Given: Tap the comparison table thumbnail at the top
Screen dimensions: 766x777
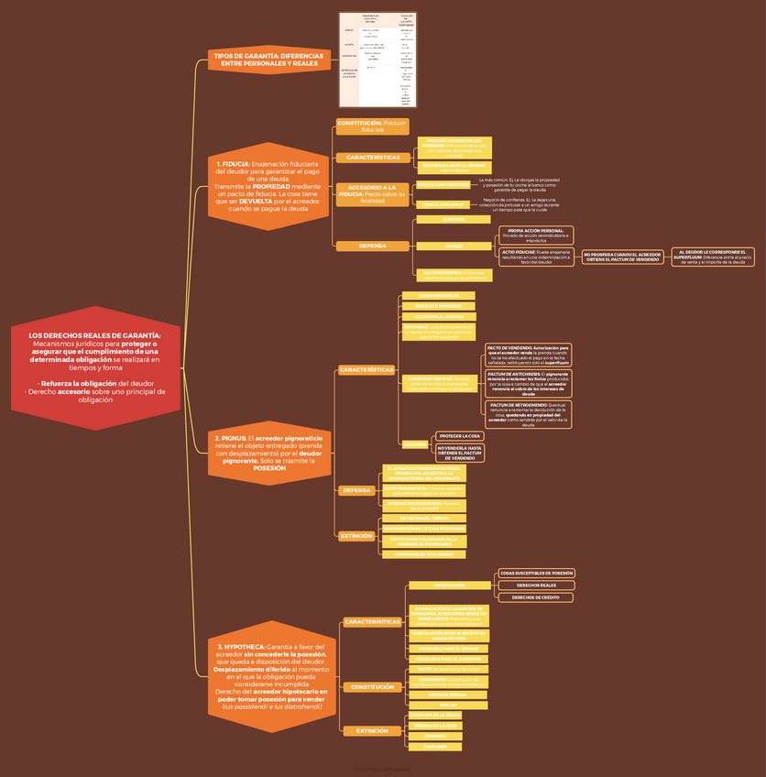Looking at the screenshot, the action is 378,60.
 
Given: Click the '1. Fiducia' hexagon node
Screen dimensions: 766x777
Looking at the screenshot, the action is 268,187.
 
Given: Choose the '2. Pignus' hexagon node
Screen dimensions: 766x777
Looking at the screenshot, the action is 268,453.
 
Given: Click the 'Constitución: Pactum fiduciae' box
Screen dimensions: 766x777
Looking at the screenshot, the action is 372,126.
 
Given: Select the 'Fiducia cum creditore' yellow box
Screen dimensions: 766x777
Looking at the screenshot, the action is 443,184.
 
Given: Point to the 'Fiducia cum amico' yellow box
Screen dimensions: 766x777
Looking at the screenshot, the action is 443,204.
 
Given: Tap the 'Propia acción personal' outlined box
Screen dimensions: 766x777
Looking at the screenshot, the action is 536,235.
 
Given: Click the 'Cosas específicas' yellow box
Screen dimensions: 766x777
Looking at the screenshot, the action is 438,295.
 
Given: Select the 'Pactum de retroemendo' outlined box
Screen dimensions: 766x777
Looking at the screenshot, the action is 527,413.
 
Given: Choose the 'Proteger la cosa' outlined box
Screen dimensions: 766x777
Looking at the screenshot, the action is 459,435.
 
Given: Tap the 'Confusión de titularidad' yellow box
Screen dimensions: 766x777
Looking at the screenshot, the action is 423,554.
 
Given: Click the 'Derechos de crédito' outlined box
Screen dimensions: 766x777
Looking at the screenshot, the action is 536,597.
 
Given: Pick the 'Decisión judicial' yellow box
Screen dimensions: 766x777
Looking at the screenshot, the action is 448,695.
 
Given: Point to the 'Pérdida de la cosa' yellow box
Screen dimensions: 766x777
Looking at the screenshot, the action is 434,725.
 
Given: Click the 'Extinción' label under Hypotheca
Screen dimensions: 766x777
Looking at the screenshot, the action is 372,731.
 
